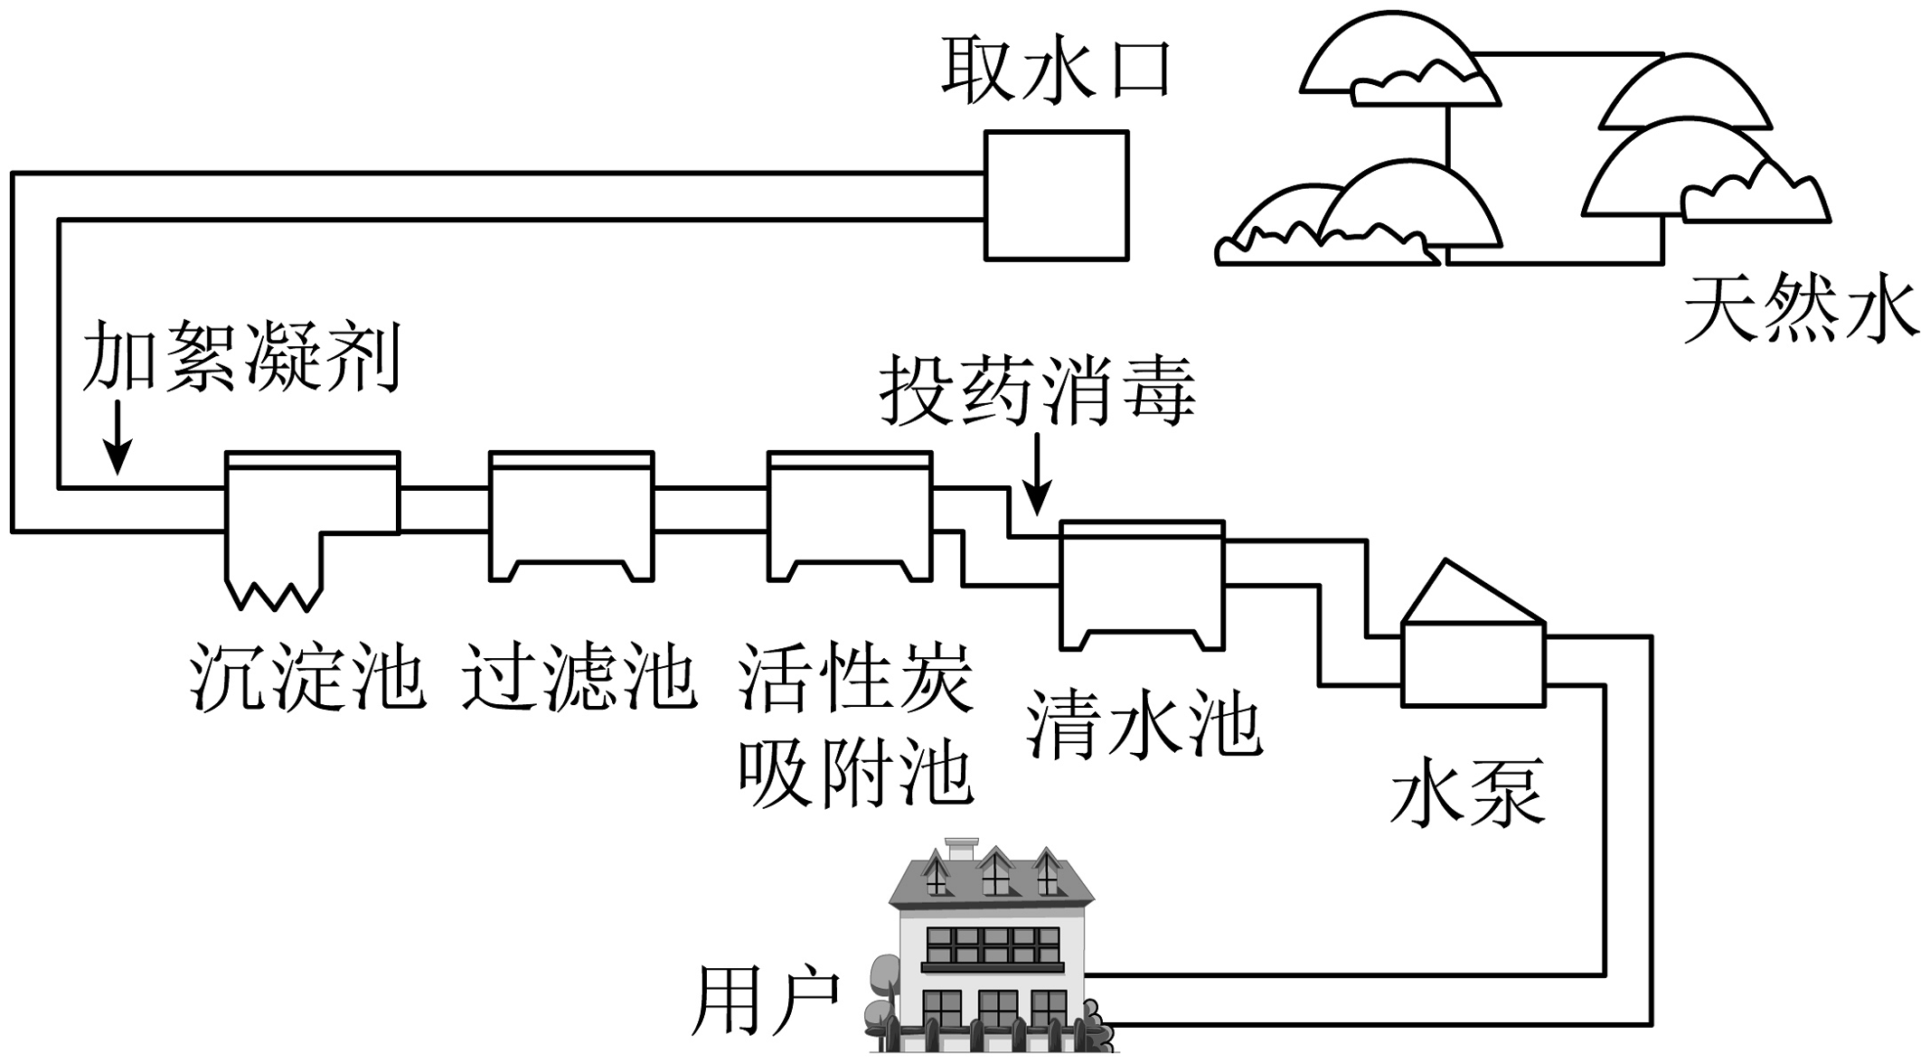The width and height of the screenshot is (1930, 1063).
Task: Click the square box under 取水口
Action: click(1056, 196)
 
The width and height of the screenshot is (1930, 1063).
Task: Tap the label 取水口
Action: click(1056, 71)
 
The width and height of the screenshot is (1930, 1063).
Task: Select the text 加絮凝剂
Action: click(241, 357)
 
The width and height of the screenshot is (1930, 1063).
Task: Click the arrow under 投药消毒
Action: click(1038, 474)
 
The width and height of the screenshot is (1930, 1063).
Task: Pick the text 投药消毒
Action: click(1038, 391)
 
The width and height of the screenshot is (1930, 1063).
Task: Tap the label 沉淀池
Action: click(307, 677)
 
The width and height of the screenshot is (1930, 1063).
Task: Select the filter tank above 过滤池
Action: click(570, 516)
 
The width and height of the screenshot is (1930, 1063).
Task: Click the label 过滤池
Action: click(579, 677)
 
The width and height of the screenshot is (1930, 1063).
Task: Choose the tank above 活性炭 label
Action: click(849, 516)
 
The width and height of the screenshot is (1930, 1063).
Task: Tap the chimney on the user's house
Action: click(961, 851)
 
